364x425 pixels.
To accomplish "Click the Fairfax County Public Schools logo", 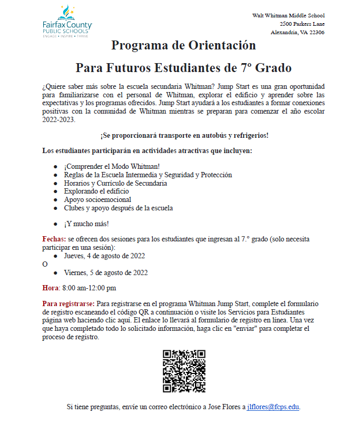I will click(x=67, y=21).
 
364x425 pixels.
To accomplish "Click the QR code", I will click(x=184, y=371).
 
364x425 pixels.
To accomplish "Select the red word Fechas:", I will click(x=54, y=239).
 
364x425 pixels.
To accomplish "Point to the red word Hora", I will click(x=51, y=288).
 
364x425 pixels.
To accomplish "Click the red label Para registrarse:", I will click(x=68, y=304).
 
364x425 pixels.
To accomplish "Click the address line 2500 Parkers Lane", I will click(x=302, y=24).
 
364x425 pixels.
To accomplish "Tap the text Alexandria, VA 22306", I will click(x=297, y=32).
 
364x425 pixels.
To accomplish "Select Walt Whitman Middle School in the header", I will click(x=289, y=15).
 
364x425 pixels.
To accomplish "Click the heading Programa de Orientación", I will click(x=183, y=45).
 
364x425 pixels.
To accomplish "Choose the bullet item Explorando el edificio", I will click(x=96, y=191).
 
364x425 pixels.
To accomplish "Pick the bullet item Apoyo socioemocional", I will click(x=97, y=200).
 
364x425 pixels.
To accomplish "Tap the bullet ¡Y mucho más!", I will click(x=86, y=224).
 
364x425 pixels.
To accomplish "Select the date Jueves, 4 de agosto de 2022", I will click(x=104, y=256).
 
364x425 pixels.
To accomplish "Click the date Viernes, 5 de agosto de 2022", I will click(x=105, y=272).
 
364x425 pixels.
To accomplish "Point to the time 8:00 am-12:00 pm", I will click(x=89, y=288).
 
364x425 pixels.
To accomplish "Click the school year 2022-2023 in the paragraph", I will click(x=59, y=120).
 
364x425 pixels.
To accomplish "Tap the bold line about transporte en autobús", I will click(x=184, y=136).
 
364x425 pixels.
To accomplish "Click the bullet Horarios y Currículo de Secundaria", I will click(x=115, y=183).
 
